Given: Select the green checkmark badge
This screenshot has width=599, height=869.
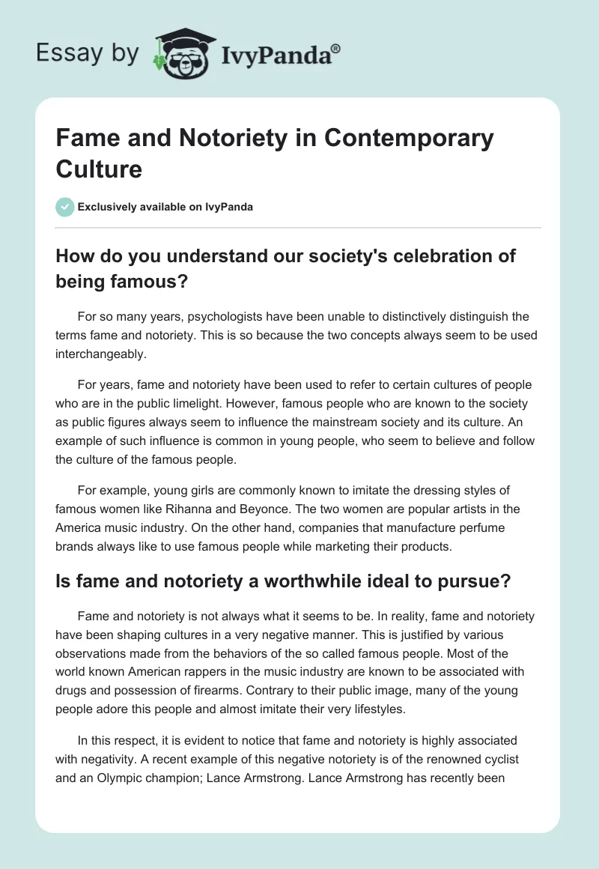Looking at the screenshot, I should pos(65,207).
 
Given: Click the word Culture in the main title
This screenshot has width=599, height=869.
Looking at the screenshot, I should pos(99,169).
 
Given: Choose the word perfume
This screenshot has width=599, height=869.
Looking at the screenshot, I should pos(472,527).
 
